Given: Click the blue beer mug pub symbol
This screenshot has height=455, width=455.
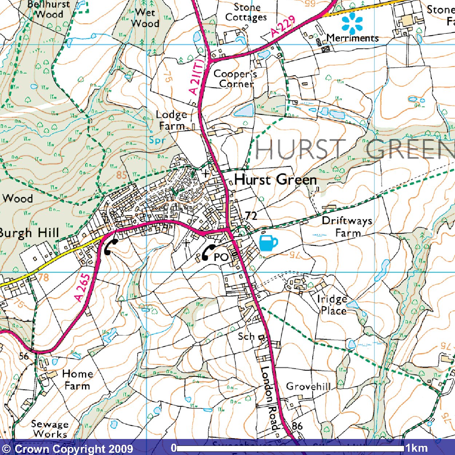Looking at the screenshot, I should point(269,243).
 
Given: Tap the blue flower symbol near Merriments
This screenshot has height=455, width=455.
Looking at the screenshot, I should point(352,23).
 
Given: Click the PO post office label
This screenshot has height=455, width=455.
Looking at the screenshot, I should point(221,257).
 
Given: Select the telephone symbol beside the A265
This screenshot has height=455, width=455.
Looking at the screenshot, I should point(111,246).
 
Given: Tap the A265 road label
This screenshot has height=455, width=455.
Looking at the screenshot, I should point(82,288).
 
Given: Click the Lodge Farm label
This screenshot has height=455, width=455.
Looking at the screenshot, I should point(172,120).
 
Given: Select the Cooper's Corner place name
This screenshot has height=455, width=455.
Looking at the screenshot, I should point(236,79).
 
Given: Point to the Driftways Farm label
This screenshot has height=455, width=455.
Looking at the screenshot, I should point(347,226).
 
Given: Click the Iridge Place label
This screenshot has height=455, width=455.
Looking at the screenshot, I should point(332,305).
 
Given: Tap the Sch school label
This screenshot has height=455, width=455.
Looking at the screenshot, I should point(246,336).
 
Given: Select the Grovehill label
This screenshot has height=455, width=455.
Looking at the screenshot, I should point(308,386).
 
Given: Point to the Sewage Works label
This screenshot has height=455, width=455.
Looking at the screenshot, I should point(50,429).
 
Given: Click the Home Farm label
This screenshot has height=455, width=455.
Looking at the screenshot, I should point(77,379).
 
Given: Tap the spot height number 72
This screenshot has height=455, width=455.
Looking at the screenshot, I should point(251,215).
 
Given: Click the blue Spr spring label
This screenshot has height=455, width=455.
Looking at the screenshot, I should point(157,140).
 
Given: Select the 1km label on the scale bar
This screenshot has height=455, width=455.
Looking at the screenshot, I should point(416,448).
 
